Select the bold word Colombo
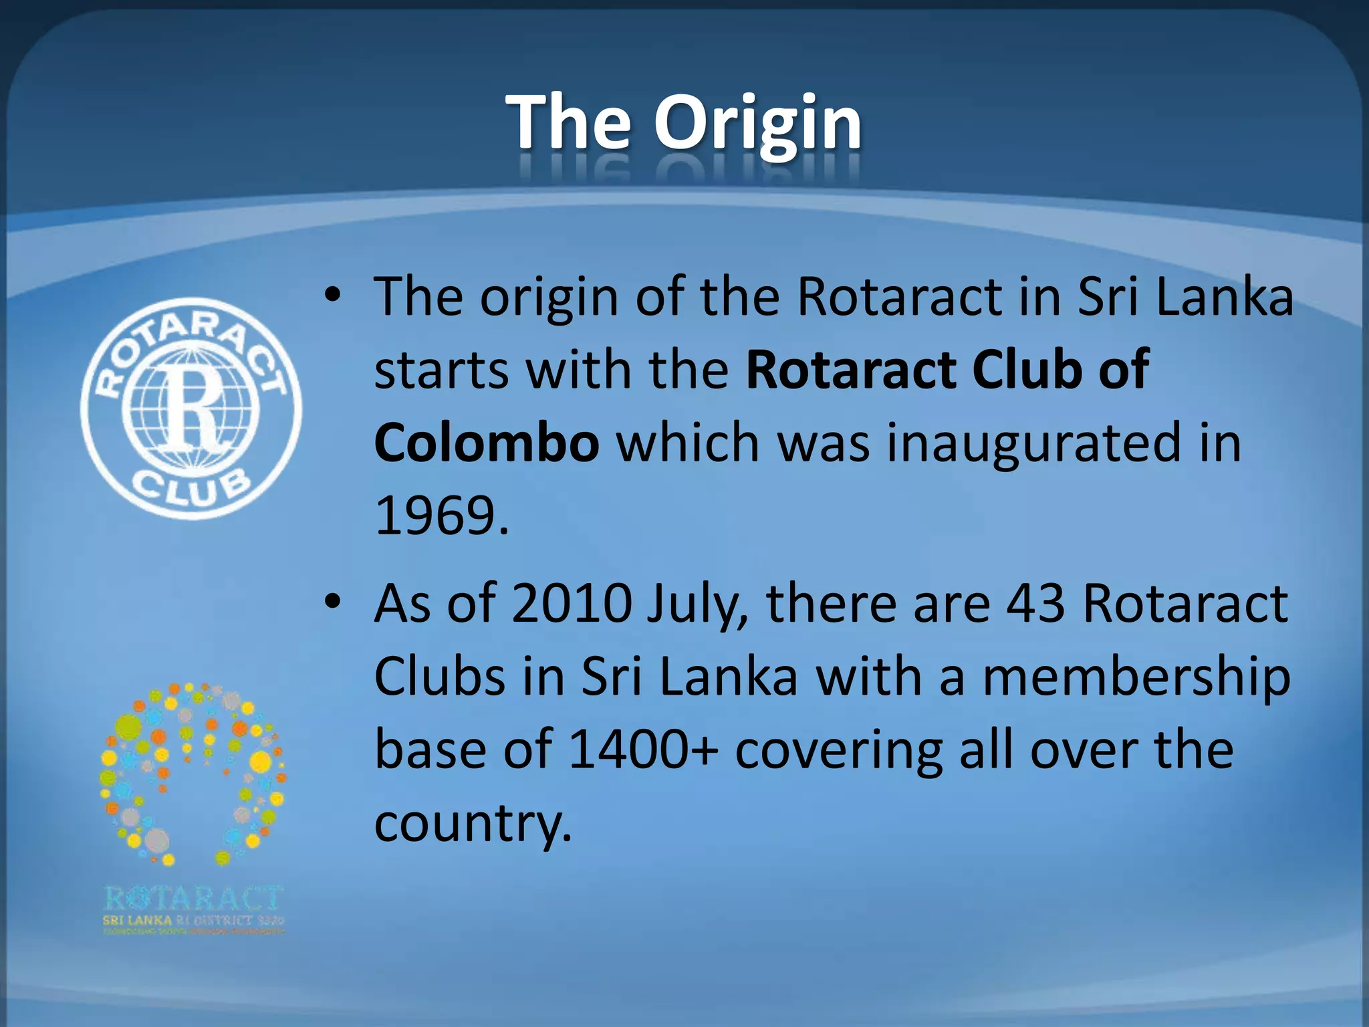click(487, 443)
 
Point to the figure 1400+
click(644, 750)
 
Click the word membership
click(1136, 677)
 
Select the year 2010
click(572, 604)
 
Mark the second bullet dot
click(332, 602)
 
